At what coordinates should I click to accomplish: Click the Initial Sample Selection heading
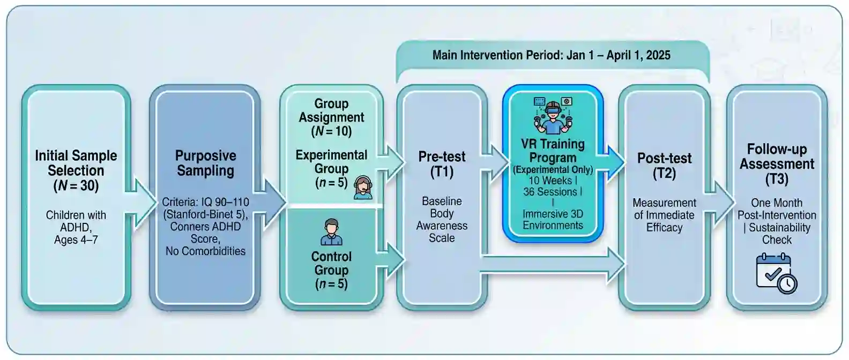point(76,170)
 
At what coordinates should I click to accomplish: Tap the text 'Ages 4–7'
point(76,240)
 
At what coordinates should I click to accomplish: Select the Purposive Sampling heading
point(206,163)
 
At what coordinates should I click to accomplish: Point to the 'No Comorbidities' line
point(205,251)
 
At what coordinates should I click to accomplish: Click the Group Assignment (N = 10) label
point(331,117)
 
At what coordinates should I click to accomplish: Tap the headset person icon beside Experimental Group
point(363,187)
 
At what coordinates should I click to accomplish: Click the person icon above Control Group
point(331,232)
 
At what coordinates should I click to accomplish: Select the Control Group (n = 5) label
point(331,270)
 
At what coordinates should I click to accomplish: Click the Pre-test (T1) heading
point(442,164)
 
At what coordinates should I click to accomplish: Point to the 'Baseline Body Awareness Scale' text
point(442,220)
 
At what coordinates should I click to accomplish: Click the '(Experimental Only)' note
point(553,170)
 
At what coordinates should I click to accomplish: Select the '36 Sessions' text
point(552,192)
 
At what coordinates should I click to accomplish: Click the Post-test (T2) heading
point(664,166)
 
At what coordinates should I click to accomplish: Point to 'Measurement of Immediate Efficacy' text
point(664,215)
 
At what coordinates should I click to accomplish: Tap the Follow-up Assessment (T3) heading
point(777,163)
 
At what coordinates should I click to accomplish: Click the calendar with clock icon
point(776,273)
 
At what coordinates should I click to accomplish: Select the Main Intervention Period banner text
point(551,55)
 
